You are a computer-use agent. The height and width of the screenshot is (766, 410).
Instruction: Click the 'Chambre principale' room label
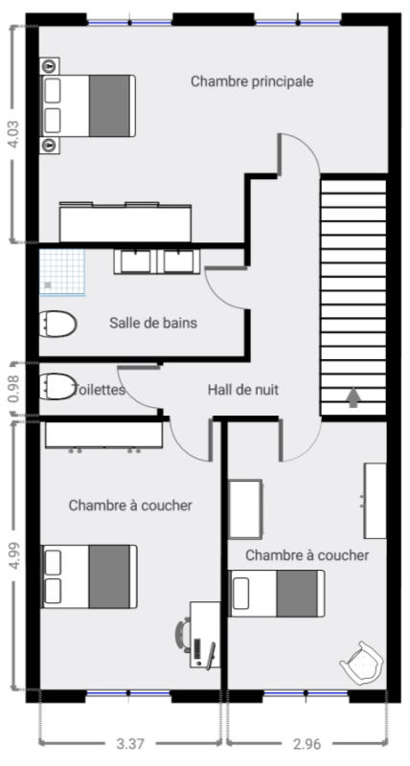pyautogui.click(x=252, y=81)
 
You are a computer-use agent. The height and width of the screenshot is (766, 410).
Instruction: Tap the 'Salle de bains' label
pyautogui.click(x=153, y=323)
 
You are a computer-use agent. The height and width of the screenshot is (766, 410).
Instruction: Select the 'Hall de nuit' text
pyautogui.click(x=243, y=390)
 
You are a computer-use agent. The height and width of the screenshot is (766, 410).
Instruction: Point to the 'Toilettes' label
pyautogui.click(x=100, y=390)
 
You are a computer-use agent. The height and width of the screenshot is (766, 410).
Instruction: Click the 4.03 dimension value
pyautogui.click(x=14, y=134)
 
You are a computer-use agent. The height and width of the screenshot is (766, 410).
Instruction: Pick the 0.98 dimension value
pyautogui.click(x=14, y=390)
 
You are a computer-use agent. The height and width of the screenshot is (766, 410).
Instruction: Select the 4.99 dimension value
pyautogui.click(x=14, y=555)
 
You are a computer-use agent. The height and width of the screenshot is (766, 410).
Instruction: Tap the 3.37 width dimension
pyautogui.click(x=130, y=744)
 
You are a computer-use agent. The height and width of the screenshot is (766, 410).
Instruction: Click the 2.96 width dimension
pyautogui.click(x=307, y=744)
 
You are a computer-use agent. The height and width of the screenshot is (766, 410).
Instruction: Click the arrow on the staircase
pyautogui.click(x=353, y=397)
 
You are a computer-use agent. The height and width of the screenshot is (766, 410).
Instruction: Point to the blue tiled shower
pyautogui.click(x=62, y=273)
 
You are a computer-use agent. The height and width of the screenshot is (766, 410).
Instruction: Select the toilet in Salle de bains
pyautogui.click(x=57, y=324)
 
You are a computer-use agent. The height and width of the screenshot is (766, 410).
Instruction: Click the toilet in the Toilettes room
pyautogui.click(x=57, y=387)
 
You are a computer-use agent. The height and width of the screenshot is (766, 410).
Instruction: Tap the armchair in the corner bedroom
pyautogui.click(x=362, y=662)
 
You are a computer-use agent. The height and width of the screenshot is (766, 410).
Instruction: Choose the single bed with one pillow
pyautogui.click(x=277, y=593)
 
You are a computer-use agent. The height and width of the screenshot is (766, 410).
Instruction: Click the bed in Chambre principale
pyautogui.click(x=88, y=105)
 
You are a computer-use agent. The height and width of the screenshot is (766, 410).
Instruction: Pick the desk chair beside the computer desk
pyautogui.click(x=182, y=634)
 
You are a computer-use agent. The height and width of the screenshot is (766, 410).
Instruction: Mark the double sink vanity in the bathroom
pyautogui.click(x=157, y=260)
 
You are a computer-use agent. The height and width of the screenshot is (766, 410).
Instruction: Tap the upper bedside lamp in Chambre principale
pyautogui.click(x=50, y=65)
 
